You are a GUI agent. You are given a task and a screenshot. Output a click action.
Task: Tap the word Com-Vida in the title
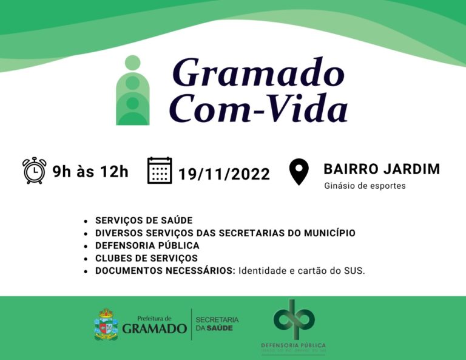pos(258,109)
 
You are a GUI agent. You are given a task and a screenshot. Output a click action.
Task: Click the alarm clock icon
pos(34,171)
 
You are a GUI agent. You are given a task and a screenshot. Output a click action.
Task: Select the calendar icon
pos(160,171)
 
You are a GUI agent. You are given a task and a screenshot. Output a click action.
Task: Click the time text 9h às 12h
pos(90,172)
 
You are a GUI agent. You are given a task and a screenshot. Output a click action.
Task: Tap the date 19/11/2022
pos(224,174)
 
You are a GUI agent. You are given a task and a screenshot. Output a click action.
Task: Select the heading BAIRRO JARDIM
pos(382,169)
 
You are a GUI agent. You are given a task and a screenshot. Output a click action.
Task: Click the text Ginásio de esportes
pos(365,186)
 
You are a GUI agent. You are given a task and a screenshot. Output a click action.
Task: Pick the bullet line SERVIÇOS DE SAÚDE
pos(144,220)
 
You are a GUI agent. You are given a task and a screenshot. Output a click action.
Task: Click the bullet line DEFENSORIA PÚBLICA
pos(147,245)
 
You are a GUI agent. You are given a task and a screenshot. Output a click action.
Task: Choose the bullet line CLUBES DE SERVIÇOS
pos(146,258)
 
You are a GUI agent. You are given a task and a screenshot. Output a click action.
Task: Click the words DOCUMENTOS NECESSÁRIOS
pos(165,271)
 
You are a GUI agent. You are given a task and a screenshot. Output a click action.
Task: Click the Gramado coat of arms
pos(106,324)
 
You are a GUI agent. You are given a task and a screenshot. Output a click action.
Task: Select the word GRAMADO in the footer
pos(154,328)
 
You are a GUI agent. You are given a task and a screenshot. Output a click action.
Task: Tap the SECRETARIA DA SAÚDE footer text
pos(217,324)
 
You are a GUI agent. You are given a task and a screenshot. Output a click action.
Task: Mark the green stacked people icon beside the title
pos(132,90)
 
